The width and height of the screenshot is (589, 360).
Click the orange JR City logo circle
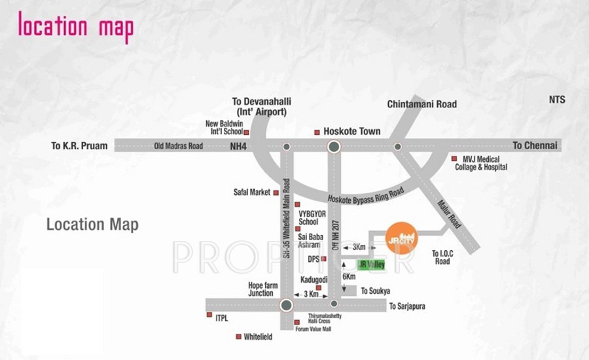[x=400, y=238]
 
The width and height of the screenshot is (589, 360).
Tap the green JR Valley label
[x=372, y=265]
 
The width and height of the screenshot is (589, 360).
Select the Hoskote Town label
[x=352, y=132]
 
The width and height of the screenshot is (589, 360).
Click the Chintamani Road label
[x=421, y=104]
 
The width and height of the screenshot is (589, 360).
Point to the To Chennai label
[x=535, y=145]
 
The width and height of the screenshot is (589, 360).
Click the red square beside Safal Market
[x=276, y=192]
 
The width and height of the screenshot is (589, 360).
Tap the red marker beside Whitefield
[x=238, y=337]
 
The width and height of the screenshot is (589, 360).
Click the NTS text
[x=557, y=100]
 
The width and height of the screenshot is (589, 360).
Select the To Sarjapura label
[x=412, y=306]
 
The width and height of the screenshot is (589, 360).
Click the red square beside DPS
[x=323, y=259]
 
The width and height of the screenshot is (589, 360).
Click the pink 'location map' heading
[x=75, y=27]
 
